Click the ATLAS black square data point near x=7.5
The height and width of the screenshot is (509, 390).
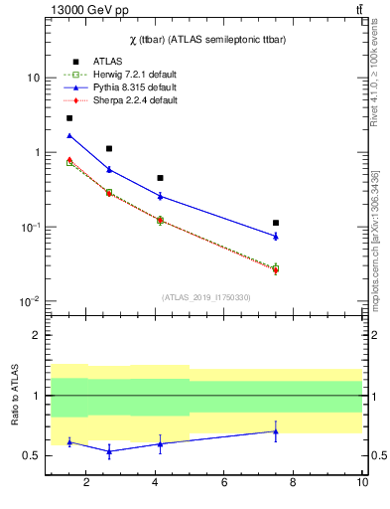(276, 223)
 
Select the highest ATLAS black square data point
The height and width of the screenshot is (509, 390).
(68, 118)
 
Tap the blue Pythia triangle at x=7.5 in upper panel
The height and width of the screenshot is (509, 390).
(276, 236)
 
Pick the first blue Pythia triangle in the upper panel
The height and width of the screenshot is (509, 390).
(68, 135)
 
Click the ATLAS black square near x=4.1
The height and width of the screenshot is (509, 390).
(160, 178)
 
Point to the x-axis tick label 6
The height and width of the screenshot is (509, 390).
(224, 482)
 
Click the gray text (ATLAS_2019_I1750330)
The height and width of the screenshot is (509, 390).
(206, 297)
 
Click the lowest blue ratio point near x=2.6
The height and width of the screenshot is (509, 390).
(108, 451)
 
